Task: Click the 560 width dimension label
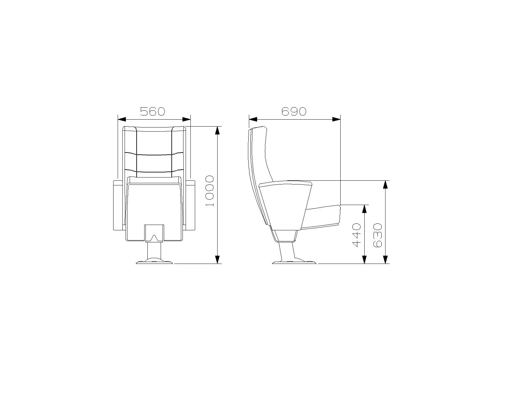coord(153,111)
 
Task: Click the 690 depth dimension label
coord(294,111)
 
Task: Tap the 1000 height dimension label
coord(209,191)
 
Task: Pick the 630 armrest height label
coord(377,235)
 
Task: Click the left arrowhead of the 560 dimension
coord(122,119)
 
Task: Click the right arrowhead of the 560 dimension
coord(187,119)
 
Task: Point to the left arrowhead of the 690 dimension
coord(253,119)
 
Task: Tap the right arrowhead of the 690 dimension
coord(336,119)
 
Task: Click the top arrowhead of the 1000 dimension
coord(218,130)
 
